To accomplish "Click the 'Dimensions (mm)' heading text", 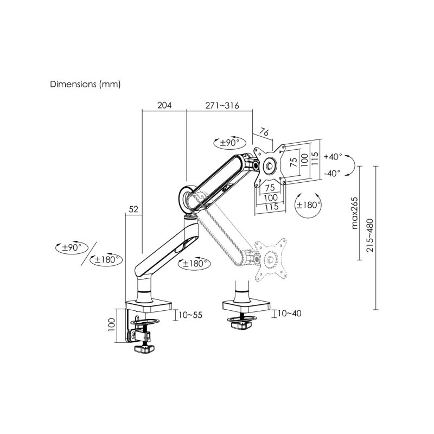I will click(x=85, y=85).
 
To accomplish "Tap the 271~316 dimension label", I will click(x=221, y=105).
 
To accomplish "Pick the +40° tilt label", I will click(x=333, y=156).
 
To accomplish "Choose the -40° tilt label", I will click(x=333, y=173).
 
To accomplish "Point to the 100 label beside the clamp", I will click(x=111, y=324).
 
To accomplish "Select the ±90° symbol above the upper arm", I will click(x=226, y=143).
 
